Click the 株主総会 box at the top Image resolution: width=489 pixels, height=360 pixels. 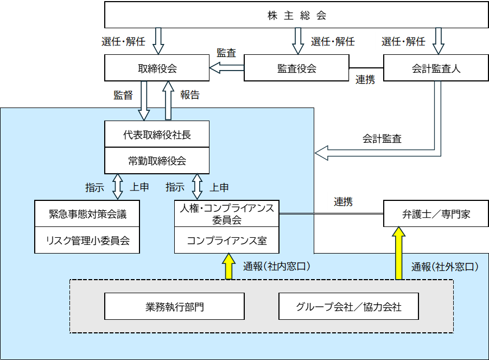point(296,15)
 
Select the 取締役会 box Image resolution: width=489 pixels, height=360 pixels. point(157,68)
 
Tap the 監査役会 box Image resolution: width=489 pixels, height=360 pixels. point(296,68)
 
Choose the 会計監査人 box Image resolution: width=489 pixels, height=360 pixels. point(436,68)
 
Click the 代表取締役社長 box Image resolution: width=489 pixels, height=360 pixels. point(157,134)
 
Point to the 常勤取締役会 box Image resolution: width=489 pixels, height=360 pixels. point(157,161)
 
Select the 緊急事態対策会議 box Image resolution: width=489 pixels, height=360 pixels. point(87,214)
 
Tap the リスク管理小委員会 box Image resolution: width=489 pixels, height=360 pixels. point(87,240)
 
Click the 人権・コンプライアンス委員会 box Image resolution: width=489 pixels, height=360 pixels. point(227,214)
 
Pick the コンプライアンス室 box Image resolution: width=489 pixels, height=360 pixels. point(227,240)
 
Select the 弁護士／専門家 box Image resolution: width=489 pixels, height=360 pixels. point(436,214)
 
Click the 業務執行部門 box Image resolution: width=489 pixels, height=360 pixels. point(174,306)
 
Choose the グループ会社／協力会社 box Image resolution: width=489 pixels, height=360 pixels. point(348,306)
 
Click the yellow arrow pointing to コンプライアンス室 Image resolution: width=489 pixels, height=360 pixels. point(229,266)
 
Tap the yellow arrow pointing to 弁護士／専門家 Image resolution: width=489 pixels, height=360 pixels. point(398,253)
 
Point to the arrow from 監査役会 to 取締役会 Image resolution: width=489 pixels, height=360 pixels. point(227,68)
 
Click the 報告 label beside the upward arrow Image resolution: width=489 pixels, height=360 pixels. point(190,95)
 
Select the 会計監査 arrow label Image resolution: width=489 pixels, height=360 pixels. point(382,138)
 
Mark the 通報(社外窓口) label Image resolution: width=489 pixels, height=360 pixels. point(444,267)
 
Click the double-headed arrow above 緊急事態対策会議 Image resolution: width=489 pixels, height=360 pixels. point(118,187)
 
